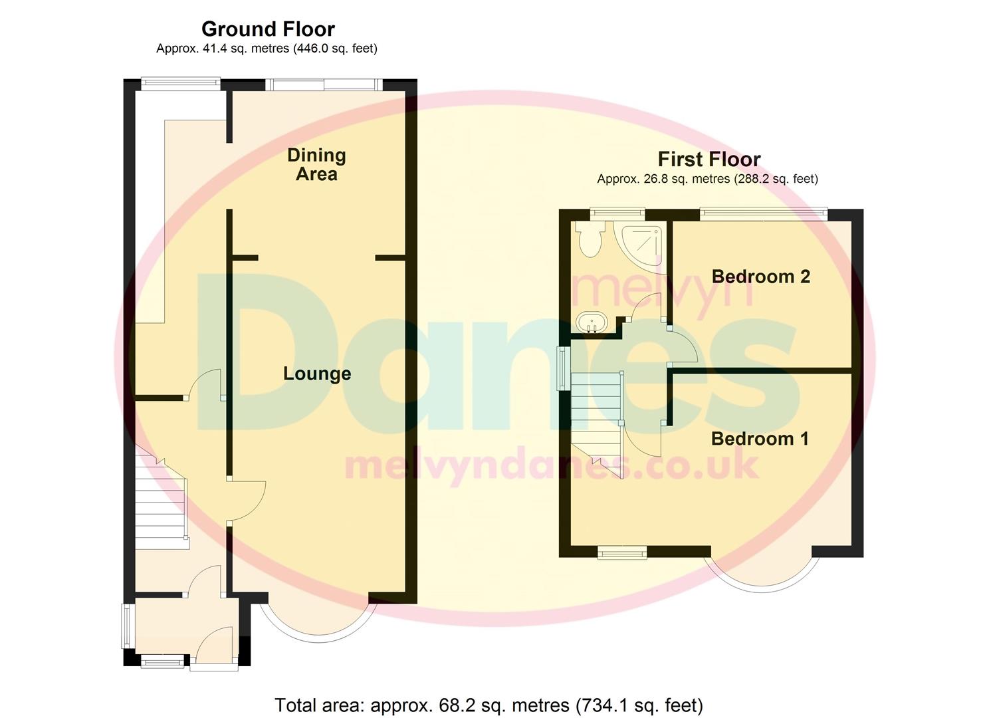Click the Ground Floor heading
coord(268,29)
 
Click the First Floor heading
coord(709,160)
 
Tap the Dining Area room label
coord(316,165)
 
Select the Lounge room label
coord(317,374)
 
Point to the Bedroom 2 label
coord(760,277)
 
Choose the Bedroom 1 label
coord(760,439)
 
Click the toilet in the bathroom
coord(590,239)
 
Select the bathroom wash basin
coord(591,323)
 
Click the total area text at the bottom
coord(489,705)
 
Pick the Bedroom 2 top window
coord(763,213)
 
